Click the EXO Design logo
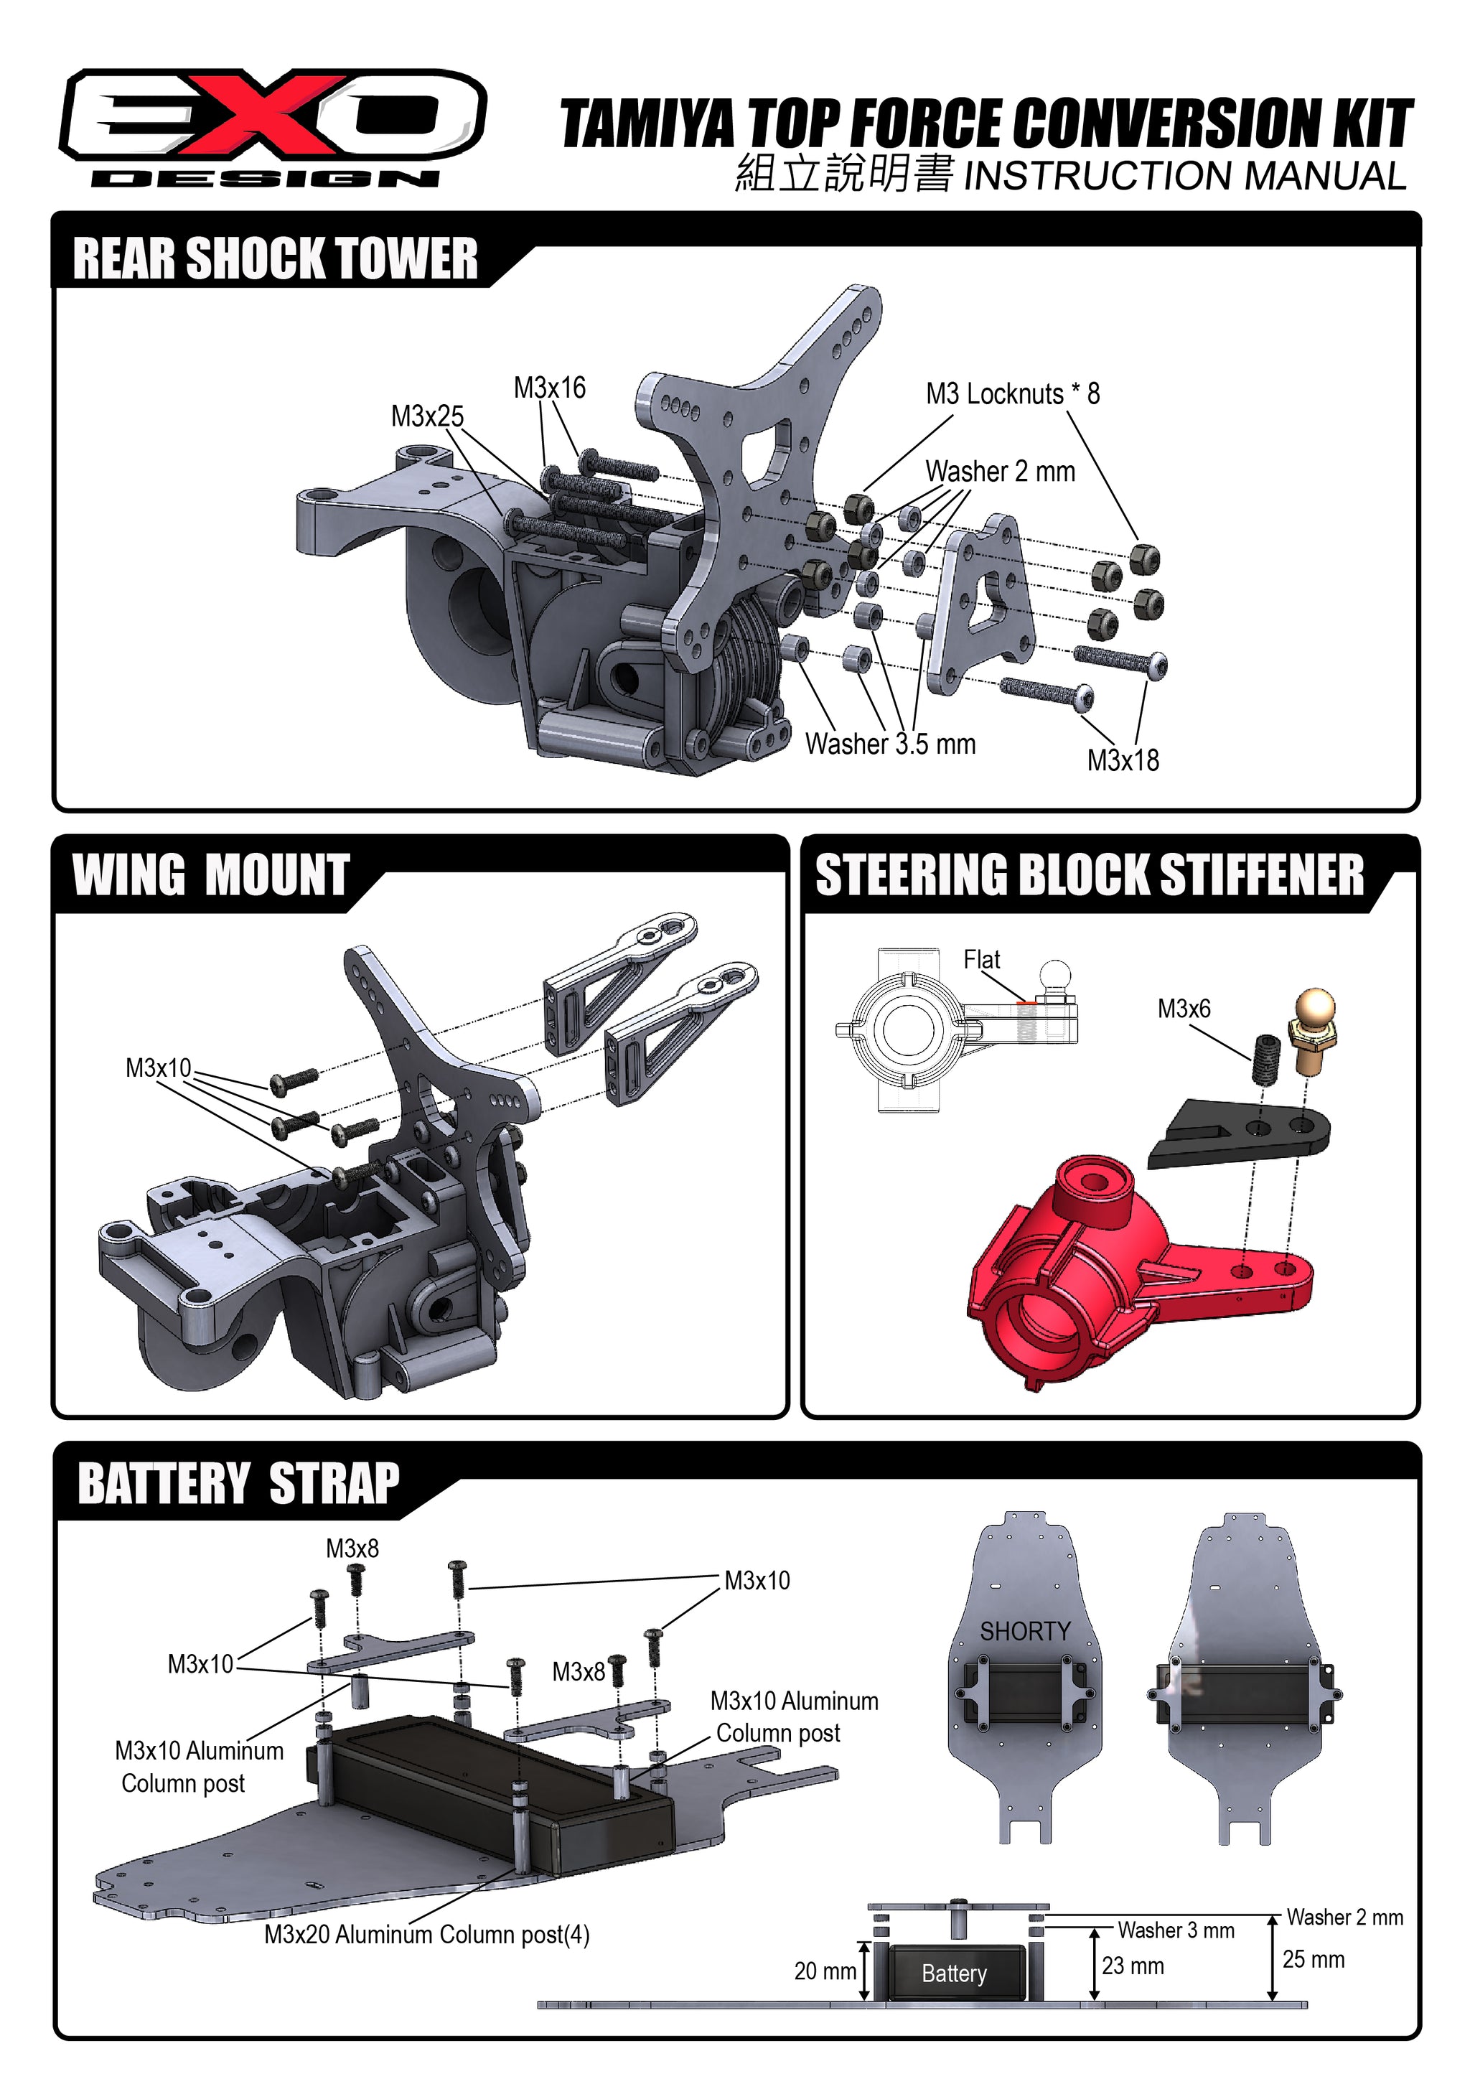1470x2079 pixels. [x=271, y=127]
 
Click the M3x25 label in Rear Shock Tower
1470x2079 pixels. [x=426, y=416]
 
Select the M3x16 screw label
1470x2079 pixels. [x=549, y=388]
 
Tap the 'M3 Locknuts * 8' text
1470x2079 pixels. [x=1012, y=394]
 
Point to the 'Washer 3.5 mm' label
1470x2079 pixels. [x=890, y=744]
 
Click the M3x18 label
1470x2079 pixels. [x=1123, y=761]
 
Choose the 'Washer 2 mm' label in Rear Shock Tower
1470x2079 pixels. [x=999, y=472]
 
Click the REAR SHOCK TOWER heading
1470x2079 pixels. [x=274, y=259]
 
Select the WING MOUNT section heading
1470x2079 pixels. [x=211, y=876]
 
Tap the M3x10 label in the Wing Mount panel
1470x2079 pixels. [x=159, y=1068]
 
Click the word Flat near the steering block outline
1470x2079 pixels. [x=981, y=960]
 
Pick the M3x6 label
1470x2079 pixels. [x=1183, y=1009]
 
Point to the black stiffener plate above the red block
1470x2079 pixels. [x=1240, y=1132]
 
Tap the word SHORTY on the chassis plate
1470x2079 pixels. [x=1025, y=1631]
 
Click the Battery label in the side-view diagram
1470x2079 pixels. [x=954, y=1974]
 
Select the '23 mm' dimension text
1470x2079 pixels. [x=1133, y=1966]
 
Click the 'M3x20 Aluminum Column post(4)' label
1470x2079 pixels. [x=426, y=1935]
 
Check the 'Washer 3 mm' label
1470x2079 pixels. [x=1175, y=1930]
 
